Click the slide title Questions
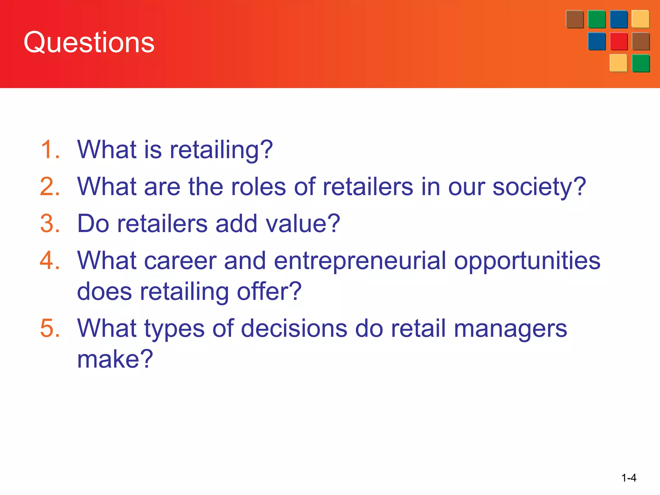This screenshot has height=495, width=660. click(x=89, y=43)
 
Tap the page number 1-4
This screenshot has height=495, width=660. click(x=629, y=478)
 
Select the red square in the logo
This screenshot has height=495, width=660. click(x=619, y=41)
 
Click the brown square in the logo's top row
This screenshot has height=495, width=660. click(x=575, y=19)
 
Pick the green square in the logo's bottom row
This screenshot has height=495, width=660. click(x=641, y=63)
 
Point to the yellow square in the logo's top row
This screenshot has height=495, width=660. click(x=640, y=19)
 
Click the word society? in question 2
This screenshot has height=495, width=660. click(x=539, y=187)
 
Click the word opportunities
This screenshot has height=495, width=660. click(x=527, y=261)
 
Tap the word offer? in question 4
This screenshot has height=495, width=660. click(x=269, y=291)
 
